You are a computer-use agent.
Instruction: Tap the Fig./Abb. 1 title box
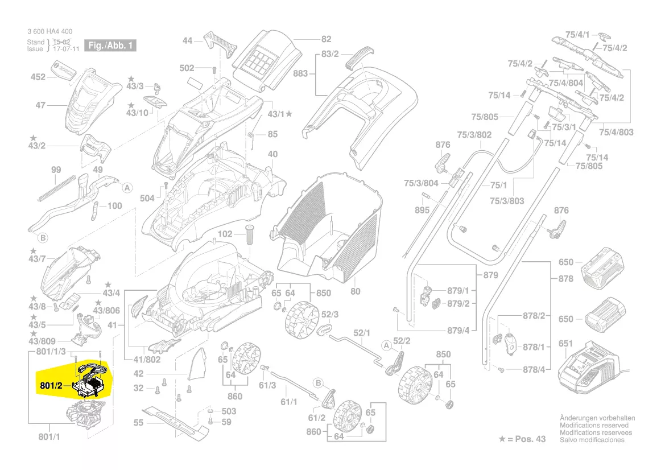[x=110, y=46]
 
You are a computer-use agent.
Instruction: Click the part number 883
[x=300, y=74]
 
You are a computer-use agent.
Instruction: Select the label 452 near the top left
[x=38, y=77]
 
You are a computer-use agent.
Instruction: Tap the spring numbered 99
[x=57, y=187]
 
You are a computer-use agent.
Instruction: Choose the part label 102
[x=225, y=234]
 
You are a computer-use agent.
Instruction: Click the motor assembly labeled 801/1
[x=89, y=413]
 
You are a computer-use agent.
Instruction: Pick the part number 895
[x=422, y=209]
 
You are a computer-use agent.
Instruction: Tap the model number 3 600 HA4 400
[x=49, y=31]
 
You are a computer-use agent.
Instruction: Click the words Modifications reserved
[x=594, y=425]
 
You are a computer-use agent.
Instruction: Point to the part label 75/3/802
[x=474, y=135]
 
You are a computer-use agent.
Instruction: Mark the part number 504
[x=147, y=197]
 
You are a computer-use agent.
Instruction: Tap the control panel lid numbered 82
[x=267, y=57]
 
